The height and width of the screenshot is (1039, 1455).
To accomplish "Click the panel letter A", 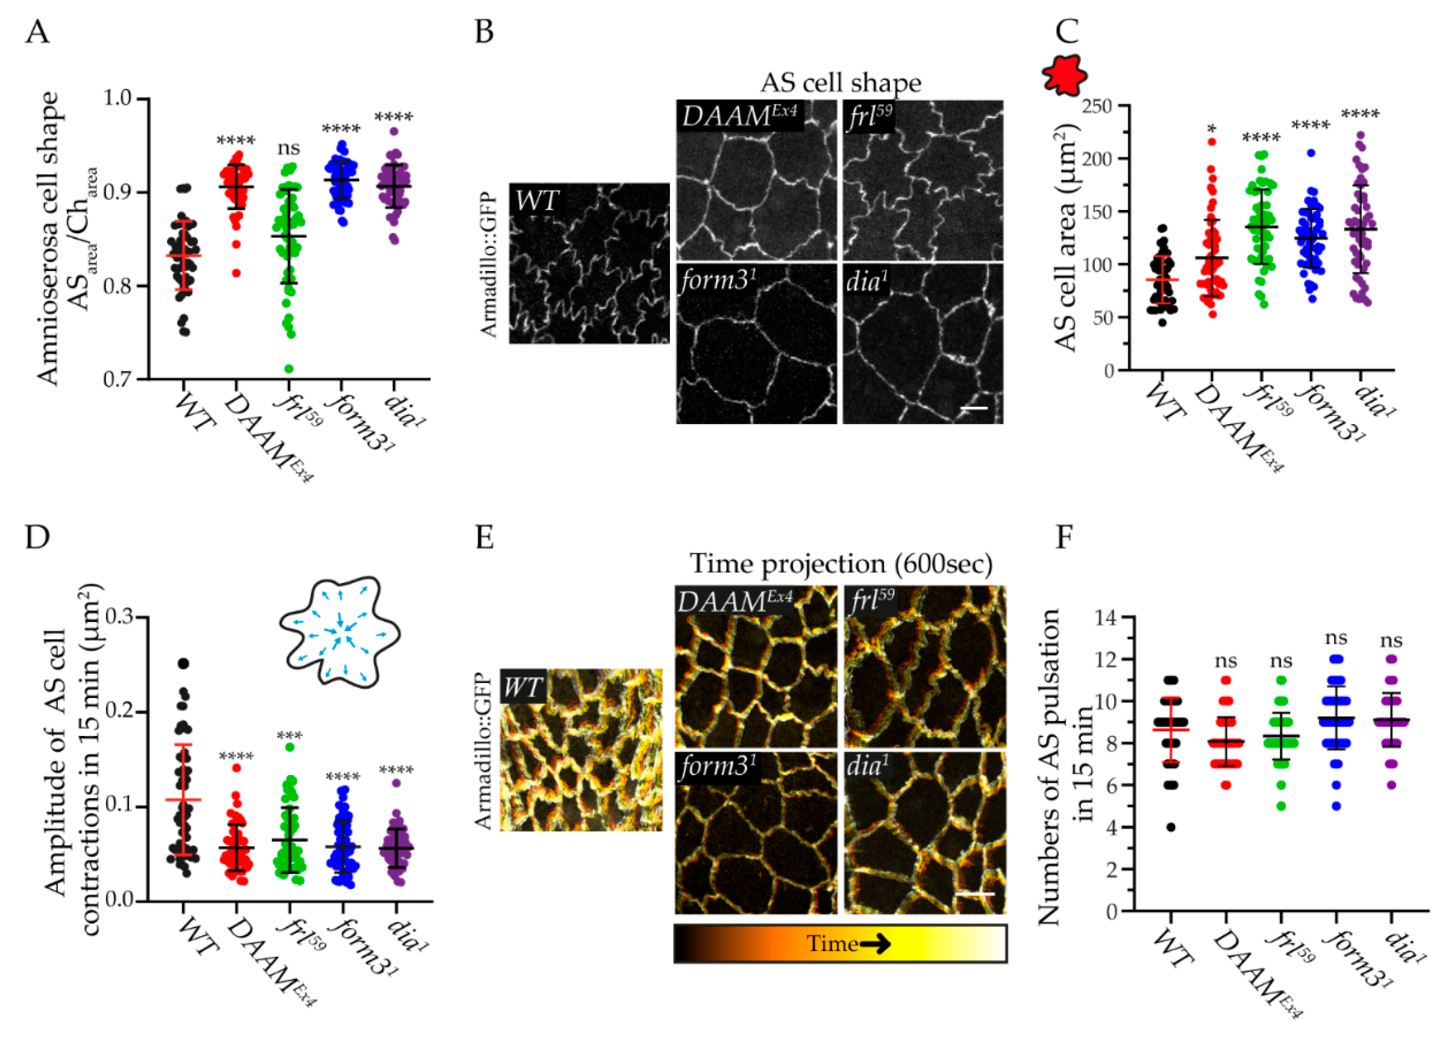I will (37, 31).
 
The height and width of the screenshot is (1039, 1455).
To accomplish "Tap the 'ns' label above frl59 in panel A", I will (289, 148).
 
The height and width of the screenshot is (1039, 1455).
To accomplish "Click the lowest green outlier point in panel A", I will (289, 368).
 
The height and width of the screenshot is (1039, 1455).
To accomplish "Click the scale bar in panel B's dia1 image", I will (974, 408).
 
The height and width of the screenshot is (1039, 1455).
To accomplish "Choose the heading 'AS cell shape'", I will (840, 83).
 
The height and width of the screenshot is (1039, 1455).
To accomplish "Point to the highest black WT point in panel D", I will (184, 663).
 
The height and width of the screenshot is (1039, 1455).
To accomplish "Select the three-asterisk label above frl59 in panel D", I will (290, 736).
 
